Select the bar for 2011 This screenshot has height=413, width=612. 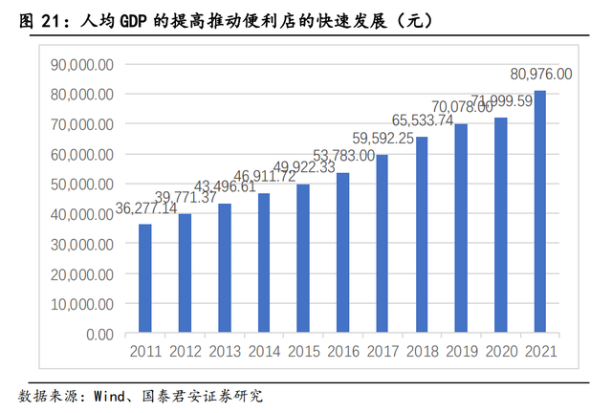(x=145, y=279)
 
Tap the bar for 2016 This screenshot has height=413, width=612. (x=342, y=253)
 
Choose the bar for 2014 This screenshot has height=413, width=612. (x=264, y=264)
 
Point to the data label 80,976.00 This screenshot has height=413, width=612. (x=540, y=74)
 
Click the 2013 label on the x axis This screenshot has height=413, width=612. (x=224, y=352)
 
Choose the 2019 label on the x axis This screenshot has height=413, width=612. (x=461, y=352)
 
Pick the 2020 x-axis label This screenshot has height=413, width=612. (x=500, y=352)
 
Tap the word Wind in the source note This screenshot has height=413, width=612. (x=104, y=395)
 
